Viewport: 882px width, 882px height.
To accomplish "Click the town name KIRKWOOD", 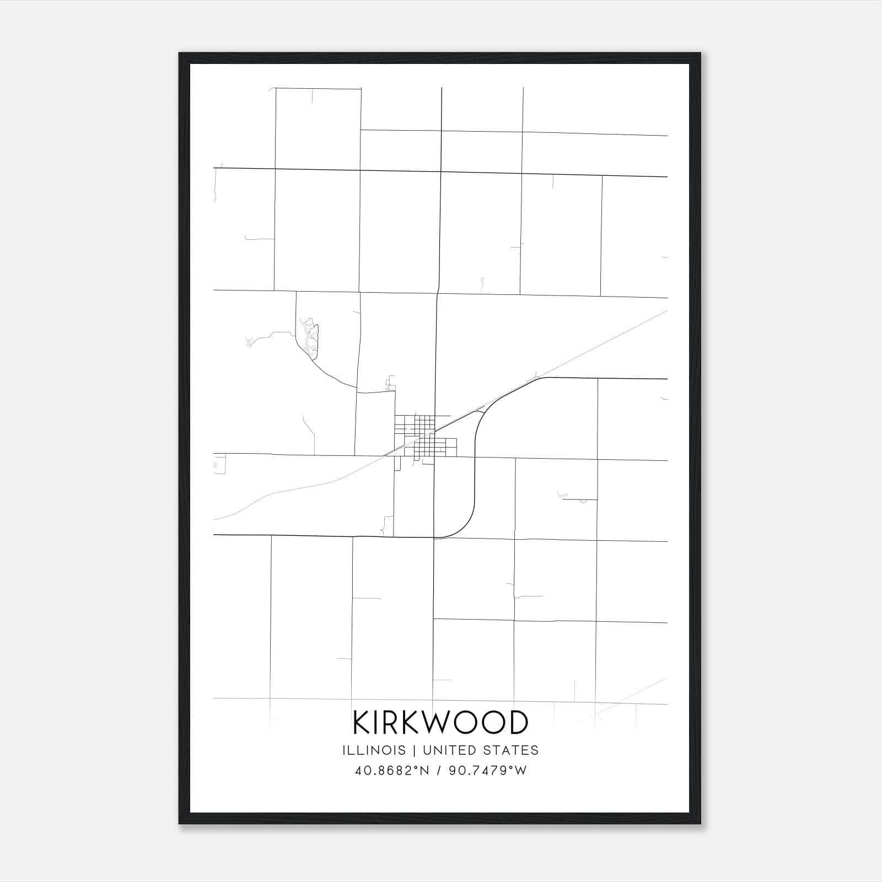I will point(440,723).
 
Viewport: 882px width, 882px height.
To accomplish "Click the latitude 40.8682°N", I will point(391,771).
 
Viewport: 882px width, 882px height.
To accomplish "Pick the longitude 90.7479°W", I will point(488,771).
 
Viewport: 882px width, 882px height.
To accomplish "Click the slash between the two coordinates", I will point(438,771).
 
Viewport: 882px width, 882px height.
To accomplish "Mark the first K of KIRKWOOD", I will point(362,723).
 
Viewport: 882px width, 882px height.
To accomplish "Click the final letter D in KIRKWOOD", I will point(518,723).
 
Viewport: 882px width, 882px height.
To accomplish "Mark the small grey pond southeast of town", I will point(563,494).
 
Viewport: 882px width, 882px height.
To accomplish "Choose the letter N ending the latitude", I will point(424,771).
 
